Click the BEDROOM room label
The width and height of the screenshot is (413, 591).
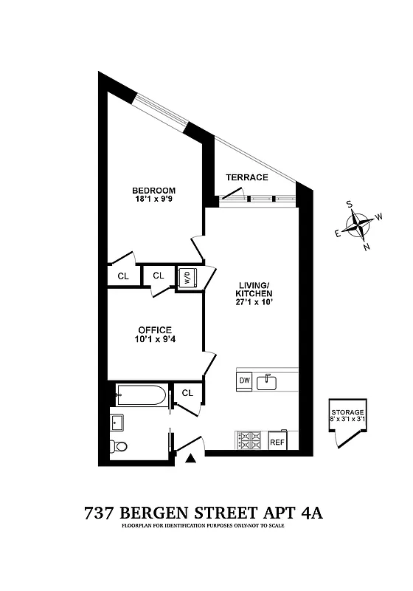click(155, 190)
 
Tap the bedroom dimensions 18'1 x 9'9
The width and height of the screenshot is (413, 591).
click(155, 199)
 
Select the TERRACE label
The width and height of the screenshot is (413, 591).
click(246, 178)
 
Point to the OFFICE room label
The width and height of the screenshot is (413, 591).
click(155, 330)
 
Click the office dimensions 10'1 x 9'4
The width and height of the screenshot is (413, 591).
click(155, 340)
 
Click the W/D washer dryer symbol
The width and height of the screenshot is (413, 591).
click(187, 279)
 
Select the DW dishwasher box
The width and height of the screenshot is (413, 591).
click(244, 381)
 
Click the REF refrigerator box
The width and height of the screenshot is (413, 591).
click(277, 442)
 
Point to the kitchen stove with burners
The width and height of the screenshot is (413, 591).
click(250, 440)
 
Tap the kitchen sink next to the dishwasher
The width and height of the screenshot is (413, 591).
click(269, 381)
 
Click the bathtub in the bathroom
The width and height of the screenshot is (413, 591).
click(141, 396)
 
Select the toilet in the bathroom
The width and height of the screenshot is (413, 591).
click(119, 446)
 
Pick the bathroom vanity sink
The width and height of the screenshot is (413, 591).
click(117, 423)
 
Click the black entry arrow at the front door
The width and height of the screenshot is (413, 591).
click(191, 459)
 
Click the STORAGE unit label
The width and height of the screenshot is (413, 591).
click(347, 411)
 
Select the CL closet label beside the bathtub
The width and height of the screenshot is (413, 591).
click(187, 393)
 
